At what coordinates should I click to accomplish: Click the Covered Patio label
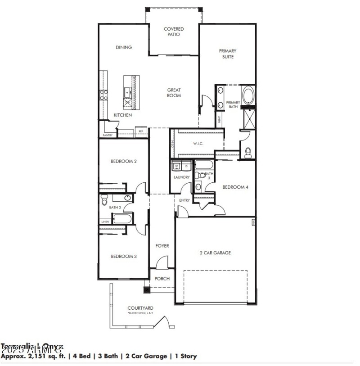(x=174, y=32)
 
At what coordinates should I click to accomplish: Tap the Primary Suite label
(x=228, y=54)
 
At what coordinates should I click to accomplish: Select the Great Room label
(x=174, y=92)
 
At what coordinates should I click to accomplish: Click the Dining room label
(x=123, y=47)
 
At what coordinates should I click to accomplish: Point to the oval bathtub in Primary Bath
(x=248, y=95)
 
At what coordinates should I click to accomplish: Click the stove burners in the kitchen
(x=103, y=95)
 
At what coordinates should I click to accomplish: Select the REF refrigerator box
(x=141, y=131)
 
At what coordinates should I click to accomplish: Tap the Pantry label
(x=108, y=135)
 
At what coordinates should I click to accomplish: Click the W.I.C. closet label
(x=199, y=144)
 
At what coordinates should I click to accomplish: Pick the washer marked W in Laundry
(x=176, y=167)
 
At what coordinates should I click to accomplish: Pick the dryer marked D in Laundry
(x=186, y=167)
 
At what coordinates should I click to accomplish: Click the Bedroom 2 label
(x=123, y=161)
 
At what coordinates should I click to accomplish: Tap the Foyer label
(x=162, y=246)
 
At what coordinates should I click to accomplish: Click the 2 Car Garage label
(x=215, y=253)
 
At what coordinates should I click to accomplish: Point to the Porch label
(x=162, y=279)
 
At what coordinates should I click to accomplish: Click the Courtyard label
(x=140, y=308)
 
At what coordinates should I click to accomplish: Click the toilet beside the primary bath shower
(x=248, y=152)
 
